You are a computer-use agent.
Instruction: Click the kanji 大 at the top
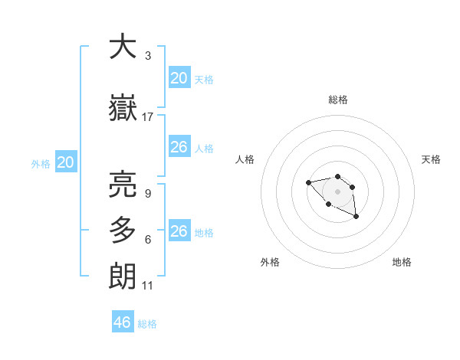(x=123, y=47)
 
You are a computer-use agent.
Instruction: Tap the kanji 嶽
(x=123, y=110)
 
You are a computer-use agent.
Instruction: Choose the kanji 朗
(x=123, y=275)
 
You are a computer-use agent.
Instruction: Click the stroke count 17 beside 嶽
(x=148, y=117)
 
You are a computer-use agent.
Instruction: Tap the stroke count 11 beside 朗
(x=148, y=286)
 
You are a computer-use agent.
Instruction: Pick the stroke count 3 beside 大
(x=148, y=56)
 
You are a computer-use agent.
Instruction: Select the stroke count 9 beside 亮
(x=147, y=194)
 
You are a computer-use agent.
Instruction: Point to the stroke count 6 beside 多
(x=147, y=240)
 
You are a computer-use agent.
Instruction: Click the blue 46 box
(x=123, y=322)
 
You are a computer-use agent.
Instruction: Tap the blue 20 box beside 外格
(x=66, y=162)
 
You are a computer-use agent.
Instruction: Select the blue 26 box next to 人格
(x=179, y=147)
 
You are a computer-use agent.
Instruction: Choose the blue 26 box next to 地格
(x=179, y=231)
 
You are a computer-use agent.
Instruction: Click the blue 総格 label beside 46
(x=147, y=324)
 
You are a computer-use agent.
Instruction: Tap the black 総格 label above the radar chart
(x=337, y=100)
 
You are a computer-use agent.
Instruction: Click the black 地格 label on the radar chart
(x=402, y=262)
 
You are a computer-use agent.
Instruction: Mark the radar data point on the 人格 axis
(x=308, y=182)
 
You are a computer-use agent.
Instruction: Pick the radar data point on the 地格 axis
(x=356, y=217)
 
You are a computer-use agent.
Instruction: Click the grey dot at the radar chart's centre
(x=337, y=191)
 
